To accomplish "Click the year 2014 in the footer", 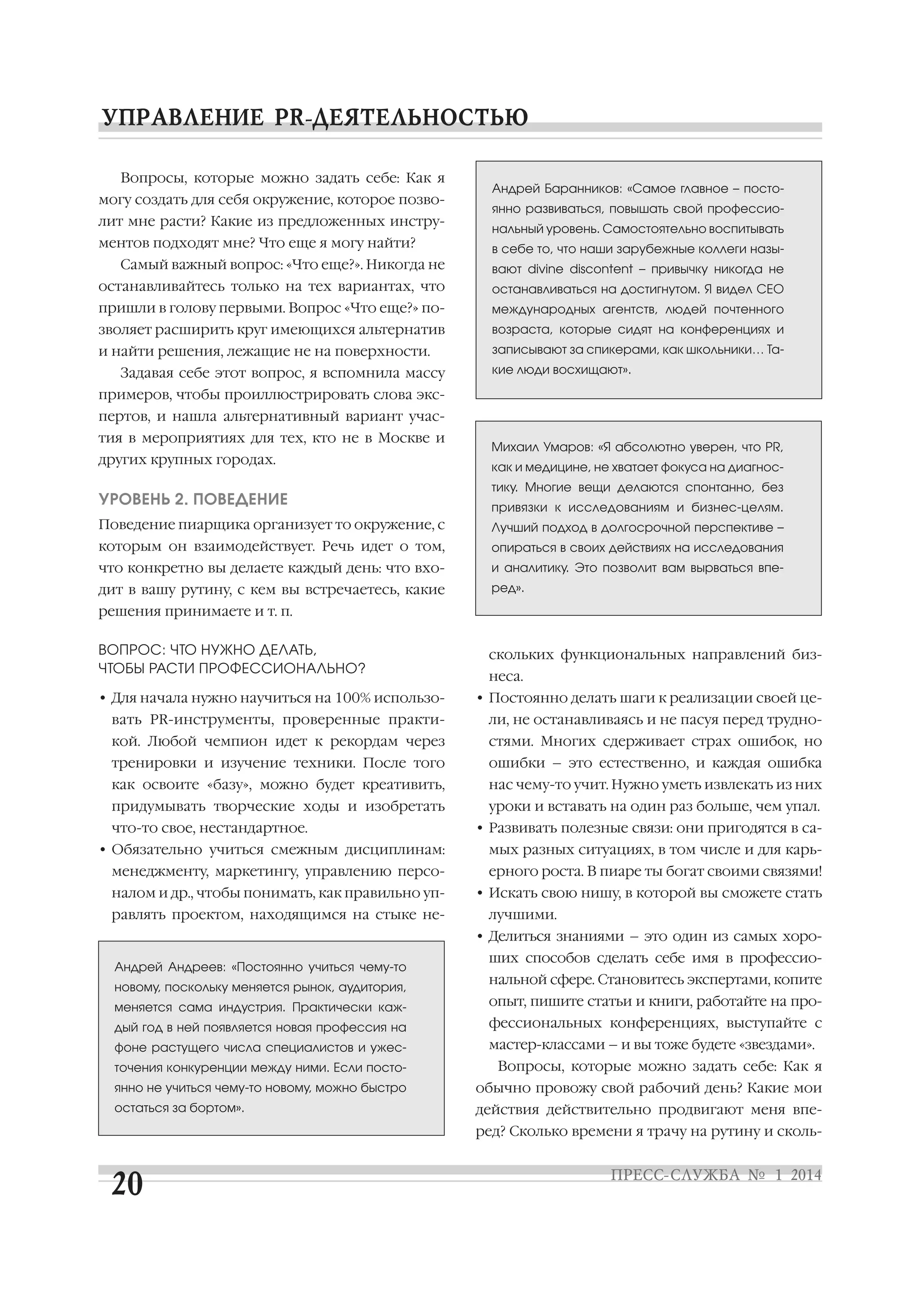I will click(806, 1175).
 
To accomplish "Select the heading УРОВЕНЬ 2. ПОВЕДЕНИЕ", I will click(193, 499).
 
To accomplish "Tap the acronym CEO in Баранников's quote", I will click(770, 289).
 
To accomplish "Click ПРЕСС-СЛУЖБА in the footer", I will click(675, 1175).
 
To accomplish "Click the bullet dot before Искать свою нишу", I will click(480, 894).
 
